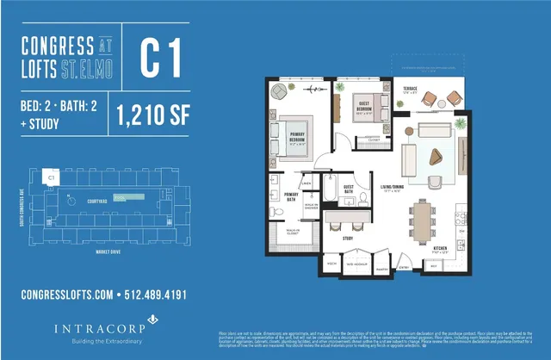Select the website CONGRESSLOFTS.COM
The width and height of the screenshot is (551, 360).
point(67,295)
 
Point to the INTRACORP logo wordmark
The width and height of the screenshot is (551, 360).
point(96,327)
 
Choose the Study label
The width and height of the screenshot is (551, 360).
point(348,238)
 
